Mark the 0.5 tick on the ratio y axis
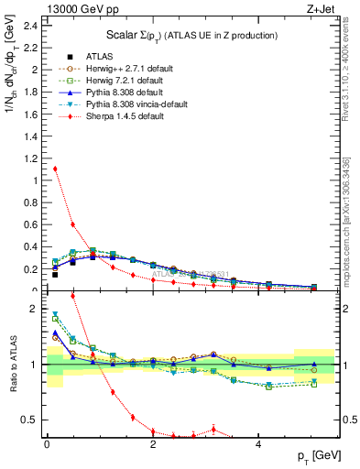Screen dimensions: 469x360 [31, 420]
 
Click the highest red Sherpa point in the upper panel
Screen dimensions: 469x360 [55, 169]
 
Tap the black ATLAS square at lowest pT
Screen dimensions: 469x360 [55, 274]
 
